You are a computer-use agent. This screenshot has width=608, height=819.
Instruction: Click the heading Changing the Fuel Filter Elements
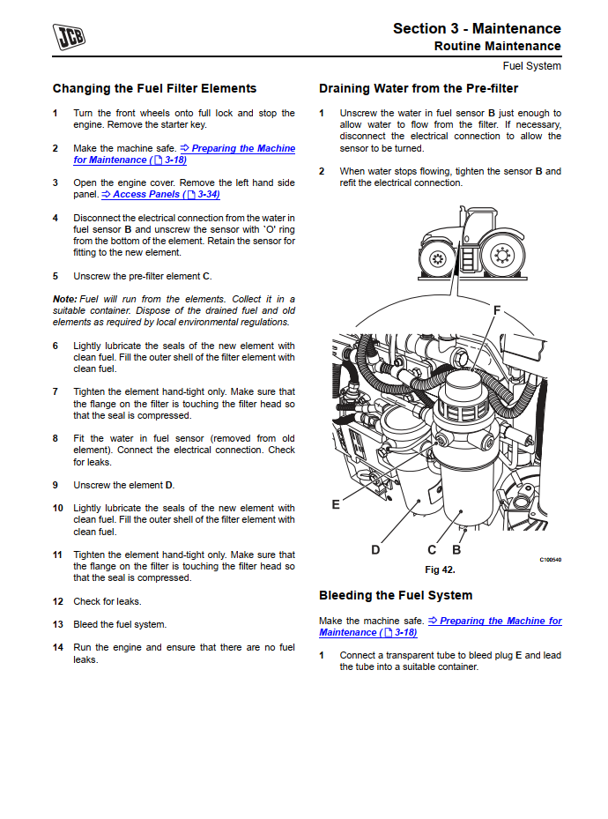[x=154, y=88]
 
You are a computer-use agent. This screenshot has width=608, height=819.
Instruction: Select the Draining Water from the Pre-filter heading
[x=419, y=88]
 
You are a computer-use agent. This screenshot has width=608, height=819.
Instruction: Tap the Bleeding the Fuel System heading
[x=396, y=595]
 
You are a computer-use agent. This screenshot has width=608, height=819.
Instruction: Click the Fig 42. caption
[x=440, y=570]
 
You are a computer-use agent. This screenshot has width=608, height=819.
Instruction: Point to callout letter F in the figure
[x=497, y=310]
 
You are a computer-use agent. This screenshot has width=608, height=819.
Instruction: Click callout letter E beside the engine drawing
[x=336, y=504]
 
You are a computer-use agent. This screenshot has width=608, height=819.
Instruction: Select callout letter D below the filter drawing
[x=375, y=550]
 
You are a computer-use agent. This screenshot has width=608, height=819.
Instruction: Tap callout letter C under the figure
[x=432, y=550]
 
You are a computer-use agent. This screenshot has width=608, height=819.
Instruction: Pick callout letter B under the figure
[x=456, y=550]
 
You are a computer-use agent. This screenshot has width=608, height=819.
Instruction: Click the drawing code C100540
[x=551, y=560]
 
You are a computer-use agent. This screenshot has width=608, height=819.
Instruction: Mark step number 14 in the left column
[x=58, y=647]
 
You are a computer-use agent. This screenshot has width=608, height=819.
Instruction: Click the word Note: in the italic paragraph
[x=64, y=299]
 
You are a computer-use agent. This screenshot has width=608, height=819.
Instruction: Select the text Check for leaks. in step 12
[x=108, y=601]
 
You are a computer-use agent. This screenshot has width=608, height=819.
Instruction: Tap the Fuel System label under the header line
[x=531, y=66]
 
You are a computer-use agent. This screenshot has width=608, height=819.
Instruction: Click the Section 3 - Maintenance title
[x=477, y=28]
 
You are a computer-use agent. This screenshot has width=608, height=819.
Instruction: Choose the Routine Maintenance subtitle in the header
[x=497, y=46]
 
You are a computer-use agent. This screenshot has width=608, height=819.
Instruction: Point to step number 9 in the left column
[x=56, y=485]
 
